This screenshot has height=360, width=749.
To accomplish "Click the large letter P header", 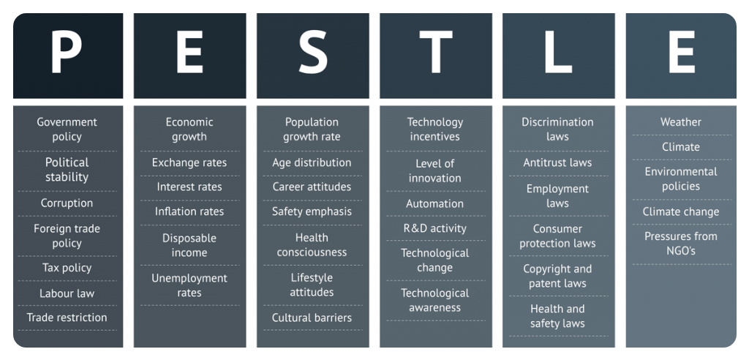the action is [67, 52].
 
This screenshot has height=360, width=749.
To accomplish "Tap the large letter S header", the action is [313, 52].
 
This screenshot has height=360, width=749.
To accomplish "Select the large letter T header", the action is [436, 52].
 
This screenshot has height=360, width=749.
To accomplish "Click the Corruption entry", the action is [67, 203].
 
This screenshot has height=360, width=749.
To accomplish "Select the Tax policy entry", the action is [67, 268].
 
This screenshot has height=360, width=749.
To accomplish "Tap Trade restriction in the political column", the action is [67, 318].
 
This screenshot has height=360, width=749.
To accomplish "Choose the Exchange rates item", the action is [189, 162].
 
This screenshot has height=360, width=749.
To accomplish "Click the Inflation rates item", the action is [189, 211].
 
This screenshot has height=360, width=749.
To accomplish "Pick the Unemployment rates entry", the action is [189, 285].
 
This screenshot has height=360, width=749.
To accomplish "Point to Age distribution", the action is [312, 162].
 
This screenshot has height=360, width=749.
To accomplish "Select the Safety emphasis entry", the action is [312, 211].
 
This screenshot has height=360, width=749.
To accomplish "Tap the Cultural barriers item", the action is [312, 318].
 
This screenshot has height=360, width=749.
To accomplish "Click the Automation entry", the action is [434, 203].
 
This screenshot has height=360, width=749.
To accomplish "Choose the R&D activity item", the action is [434, 228].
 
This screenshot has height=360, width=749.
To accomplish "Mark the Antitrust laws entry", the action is [557, 162].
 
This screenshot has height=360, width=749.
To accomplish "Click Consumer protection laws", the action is [557, 236].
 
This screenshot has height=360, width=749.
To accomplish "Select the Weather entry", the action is [681, 122].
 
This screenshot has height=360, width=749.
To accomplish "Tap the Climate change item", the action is [681, 211].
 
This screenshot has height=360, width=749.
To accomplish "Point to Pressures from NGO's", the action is [681, 243].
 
